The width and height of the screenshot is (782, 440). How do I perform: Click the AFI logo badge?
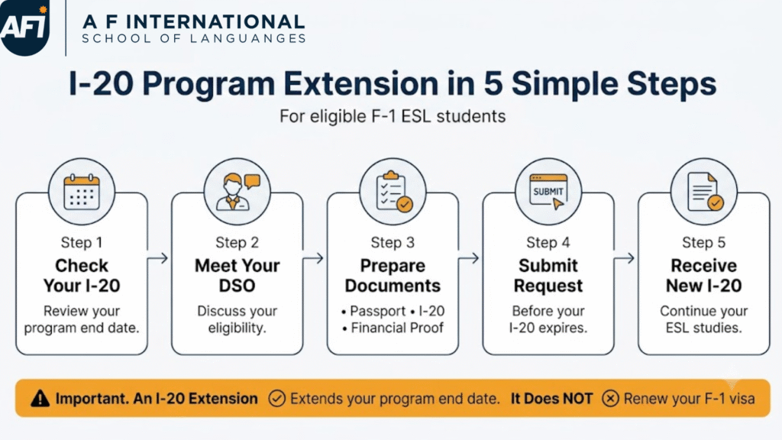click(25, 27)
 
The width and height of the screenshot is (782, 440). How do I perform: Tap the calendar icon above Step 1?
click(82, 192)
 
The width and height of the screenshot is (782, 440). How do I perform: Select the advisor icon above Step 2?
click(238, 192)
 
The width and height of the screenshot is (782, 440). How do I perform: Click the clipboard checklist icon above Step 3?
click(393, 192)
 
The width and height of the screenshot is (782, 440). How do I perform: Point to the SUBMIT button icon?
click(548, 192)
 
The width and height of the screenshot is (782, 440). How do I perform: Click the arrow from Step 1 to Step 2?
click(158, 258)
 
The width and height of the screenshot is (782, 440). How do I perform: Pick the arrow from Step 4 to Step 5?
click(625, 258)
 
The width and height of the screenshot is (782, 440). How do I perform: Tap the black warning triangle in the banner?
click(40, 399)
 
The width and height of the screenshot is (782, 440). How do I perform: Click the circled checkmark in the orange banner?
click(276, 399)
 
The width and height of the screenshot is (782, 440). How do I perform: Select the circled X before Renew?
click(610, 399)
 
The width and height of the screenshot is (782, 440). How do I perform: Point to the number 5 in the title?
click(493, 83)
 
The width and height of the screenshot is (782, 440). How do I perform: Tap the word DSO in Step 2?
click(237, 286)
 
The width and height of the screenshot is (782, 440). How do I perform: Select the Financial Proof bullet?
click(393, 328)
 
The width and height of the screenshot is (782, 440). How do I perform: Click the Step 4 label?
click(548, 242)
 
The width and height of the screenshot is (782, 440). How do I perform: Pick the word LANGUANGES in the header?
click(250, 38)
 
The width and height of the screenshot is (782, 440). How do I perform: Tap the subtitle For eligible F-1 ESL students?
click(393, 116)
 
